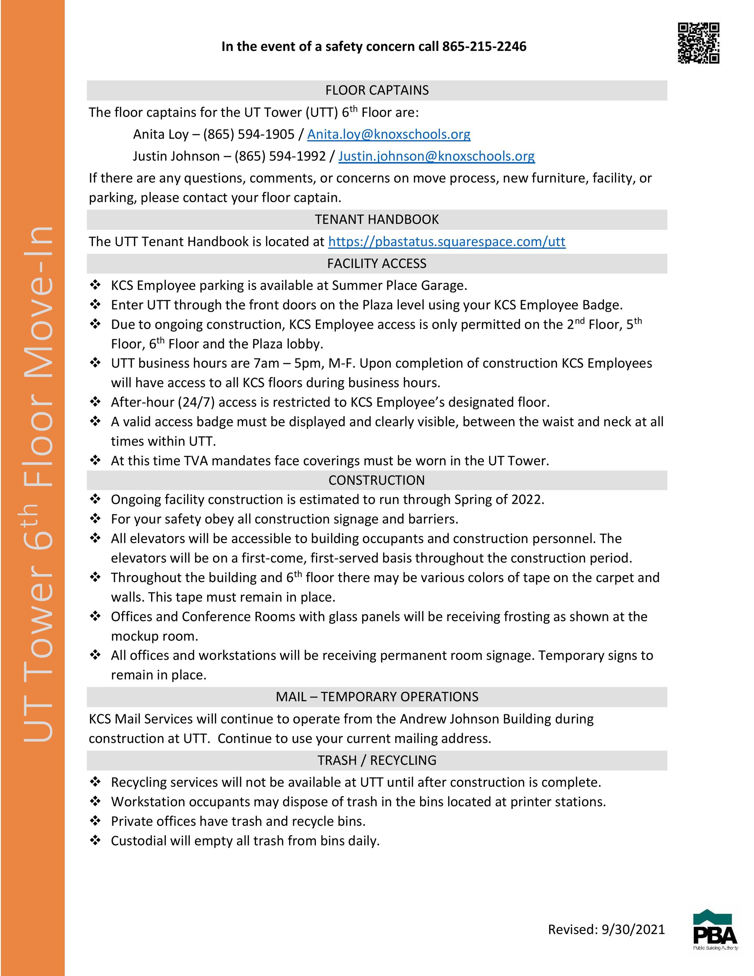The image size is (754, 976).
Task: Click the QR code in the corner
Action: pyautogui.click(x=699, y=43)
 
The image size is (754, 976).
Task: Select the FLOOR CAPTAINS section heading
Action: pyautogui.click(x=377, y=90)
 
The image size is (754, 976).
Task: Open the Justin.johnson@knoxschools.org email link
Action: pyautogui.click(x=436, y=156)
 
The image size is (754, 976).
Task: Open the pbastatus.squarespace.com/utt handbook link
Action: pyautogui.click(x=447, y=242)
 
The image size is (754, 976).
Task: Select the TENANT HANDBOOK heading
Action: pyautogui.click(x=377, y=219)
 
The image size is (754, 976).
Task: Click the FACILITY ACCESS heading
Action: pyautogui.click(x=377, y=264)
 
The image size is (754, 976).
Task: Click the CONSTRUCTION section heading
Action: pyautogui.click(x=377, y=480)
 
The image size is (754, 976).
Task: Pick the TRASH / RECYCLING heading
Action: pyautogui.click(x=377, y=760)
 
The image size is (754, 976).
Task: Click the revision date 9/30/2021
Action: pyautogui.click(x=633, y=930)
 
